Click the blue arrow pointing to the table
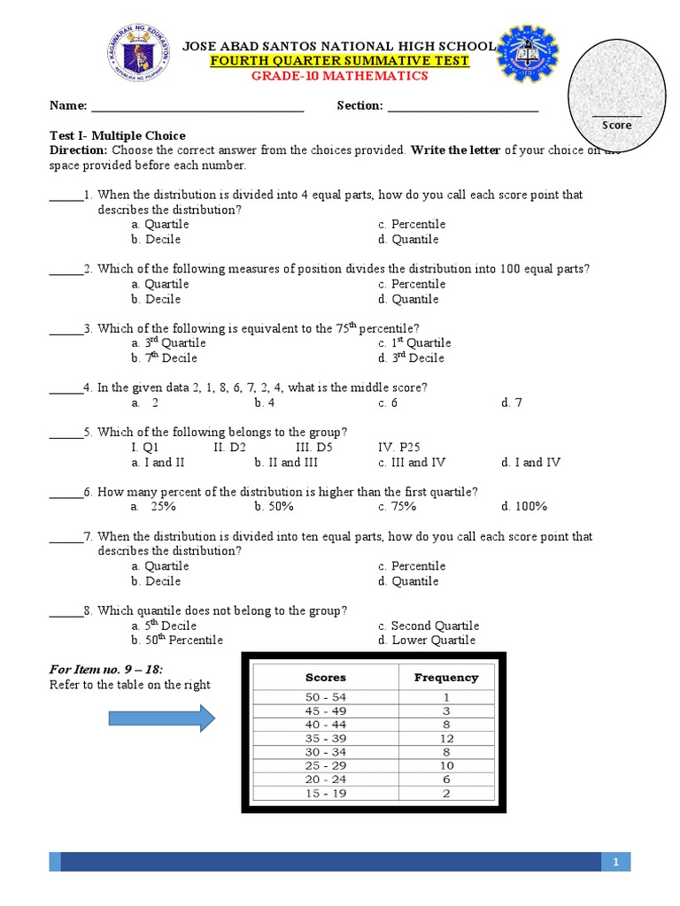[189, 718]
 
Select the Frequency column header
[446, 678]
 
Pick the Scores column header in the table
[326, 678]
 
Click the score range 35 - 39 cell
[326, 738]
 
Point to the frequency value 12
[446, 738]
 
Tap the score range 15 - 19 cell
[326, 794]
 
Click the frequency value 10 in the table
[446, 765]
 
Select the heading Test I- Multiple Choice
[117, 135]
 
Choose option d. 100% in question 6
[524, 506]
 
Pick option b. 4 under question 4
[265, 403]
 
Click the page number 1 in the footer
[615, 862]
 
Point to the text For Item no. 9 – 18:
[106, 669]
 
